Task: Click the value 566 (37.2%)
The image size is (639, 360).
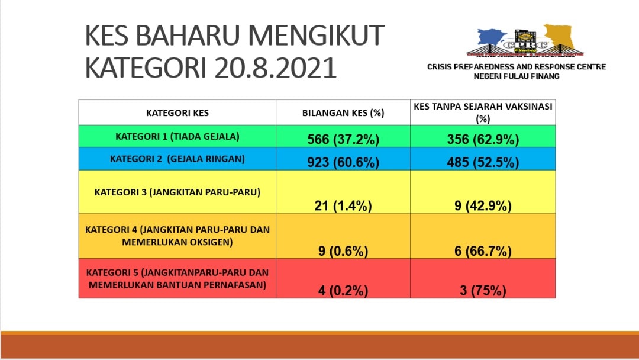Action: pyautogui.click(x=343, y=139)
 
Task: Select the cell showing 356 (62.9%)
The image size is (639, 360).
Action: pyautogui.click(x=483, y=139)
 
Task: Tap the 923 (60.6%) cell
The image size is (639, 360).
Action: pyautogui.click(x=343, y=162)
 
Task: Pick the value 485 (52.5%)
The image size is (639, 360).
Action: pyautogui.click(x=483, y=162)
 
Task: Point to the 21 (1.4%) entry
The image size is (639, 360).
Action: pyautogui.click(x=343, y=205)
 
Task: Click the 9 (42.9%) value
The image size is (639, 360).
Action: pyautogui.click(x=483, y=205)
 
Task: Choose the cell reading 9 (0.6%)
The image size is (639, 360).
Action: pyautogui.click(x=343, y=250)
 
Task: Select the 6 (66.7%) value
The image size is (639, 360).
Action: pyautogui.click(x=483, y=250)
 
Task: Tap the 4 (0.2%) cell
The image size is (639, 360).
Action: pyautogui.click(x=343, y=290)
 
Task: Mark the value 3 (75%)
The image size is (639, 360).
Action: pyautogui.click(x=483, y=290)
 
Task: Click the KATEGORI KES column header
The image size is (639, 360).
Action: pyautogui.click(x=177, y=113)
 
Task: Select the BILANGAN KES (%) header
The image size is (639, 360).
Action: pyautogui.click(x=343, y=113)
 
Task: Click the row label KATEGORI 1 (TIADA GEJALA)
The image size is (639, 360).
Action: pyautogui.click(x=177, y=136)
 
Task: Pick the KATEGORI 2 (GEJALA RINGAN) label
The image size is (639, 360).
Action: pyautogui.click(x=177, y=159)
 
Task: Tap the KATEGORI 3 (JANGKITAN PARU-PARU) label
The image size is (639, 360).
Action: pyautogui.click(x=177, y=192)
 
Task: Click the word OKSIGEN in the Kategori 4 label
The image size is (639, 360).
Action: pyautogui.click(x=208, y=242)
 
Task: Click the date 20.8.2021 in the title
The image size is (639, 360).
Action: pyautogui.click(x=276, y=67)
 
